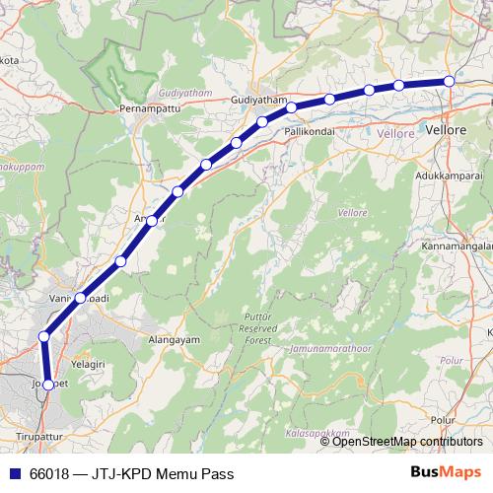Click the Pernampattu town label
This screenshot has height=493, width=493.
pyautogui.click(x=145, y=106)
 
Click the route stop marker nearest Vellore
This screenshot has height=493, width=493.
pyautogui.click(x=449, y=81)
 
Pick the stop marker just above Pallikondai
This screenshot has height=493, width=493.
pyautogui.click(x=292, y=106)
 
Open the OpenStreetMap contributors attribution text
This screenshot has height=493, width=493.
pyautogui.click(x=408, y=441)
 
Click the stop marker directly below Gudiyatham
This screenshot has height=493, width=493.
pyautogui.click(x=262, y=122)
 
